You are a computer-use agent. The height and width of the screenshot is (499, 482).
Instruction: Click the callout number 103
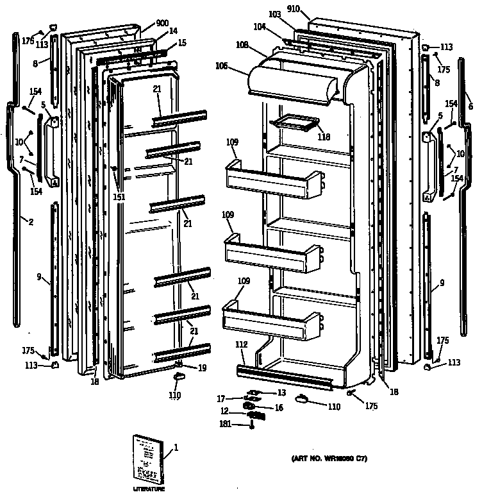point(274,13)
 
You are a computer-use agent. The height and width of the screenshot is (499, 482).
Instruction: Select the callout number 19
point(201,368)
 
